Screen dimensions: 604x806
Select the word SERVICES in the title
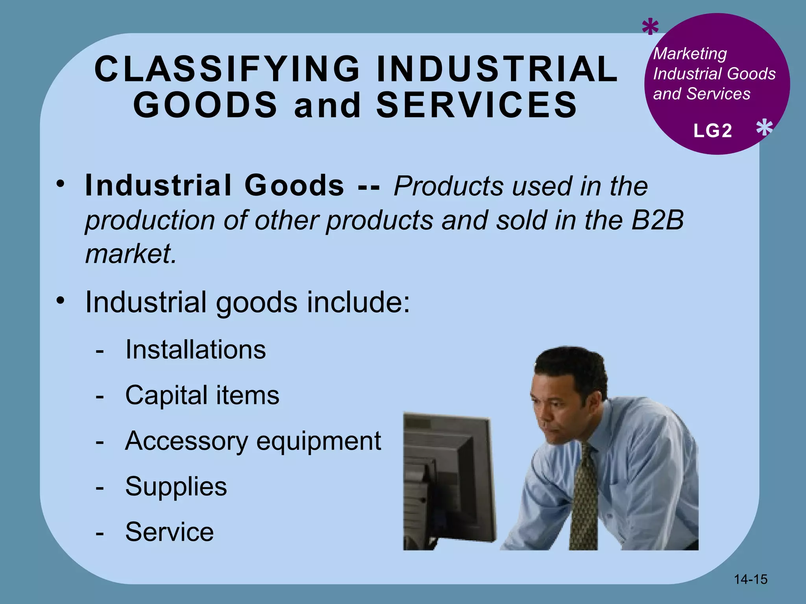pos(477,105)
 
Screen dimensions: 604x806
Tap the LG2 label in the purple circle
pos(713,131)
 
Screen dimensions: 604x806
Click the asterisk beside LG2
pos(764,128)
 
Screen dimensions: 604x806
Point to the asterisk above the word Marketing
pos(650,28)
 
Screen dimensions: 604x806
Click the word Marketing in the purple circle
pos(690,54)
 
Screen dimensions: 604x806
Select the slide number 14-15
pos(751,579)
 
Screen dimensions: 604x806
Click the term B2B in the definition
pos(657,220)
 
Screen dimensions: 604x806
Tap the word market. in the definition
pos(131,254)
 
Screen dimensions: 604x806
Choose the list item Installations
pos(195,350)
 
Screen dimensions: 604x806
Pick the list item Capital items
pos(202,395)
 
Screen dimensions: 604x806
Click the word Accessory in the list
pos(186,441)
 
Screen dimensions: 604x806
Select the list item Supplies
pos(176,487)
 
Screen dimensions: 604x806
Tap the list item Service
pos(169,532)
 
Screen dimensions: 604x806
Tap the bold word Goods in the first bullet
pos(294,185)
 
